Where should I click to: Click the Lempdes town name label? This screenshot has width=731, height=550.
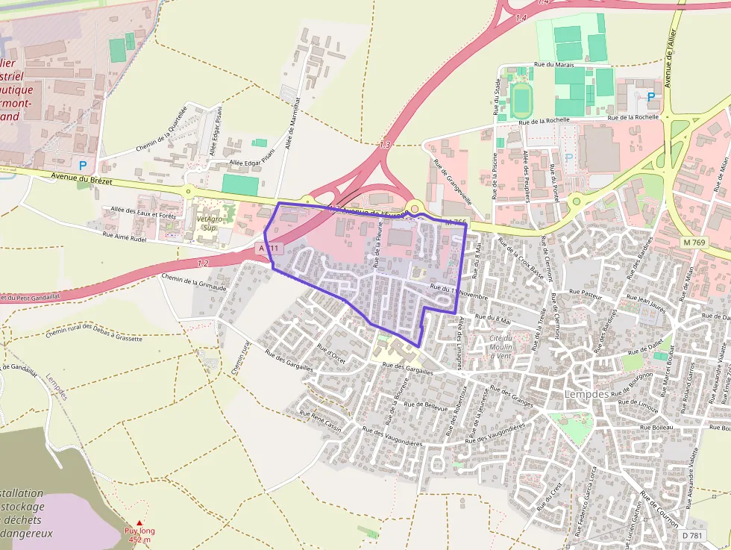[x=587, y=395]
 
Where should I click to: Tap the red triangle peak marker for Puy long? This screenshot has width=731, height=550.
[x=139, y=523]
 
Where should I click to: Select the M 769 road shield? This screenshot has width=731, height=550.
[x=694, y=242]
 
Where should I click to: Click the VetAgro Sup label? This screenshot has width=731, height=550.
[x=211, y=222]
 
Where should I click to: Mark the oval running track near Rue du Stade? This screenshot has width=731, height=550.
[x=520, y=100]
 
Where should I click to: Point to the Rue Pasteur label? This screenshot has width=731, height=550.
[x=585, y=293]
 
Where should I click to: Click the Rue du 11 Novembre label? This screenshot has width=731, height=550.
[x=459, y=291]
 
